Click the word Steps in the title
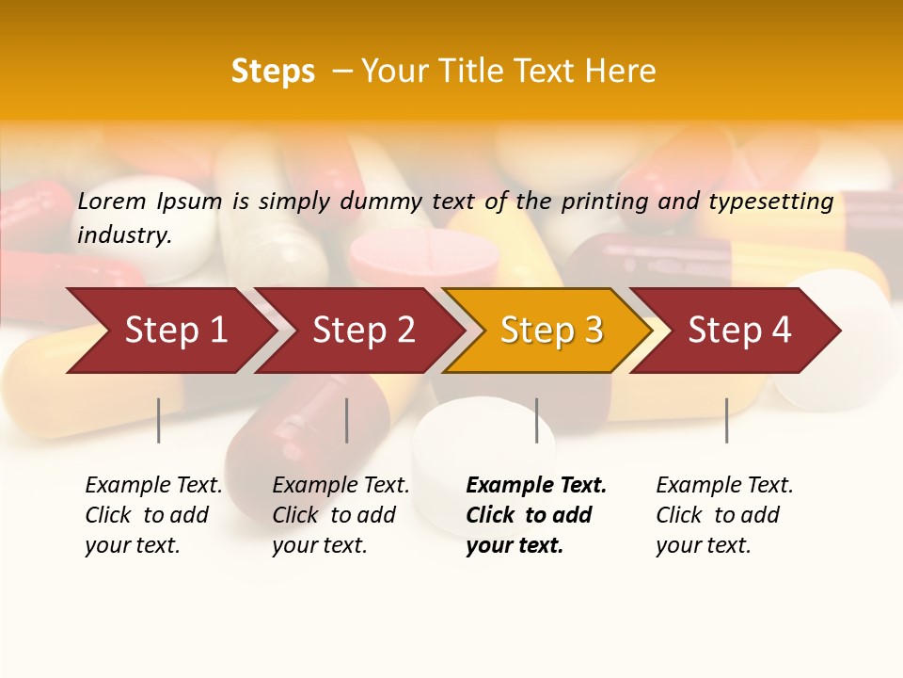click(273, 72)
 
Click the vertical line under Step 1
click(159, 420)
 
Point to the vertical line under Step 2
click(347, 420)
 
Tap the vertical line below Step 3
click(537, 420)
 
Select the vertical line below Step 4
click(727, 420)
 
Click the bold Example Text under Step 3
click(536, 486)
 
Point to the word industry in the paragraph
click(124, 236)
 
